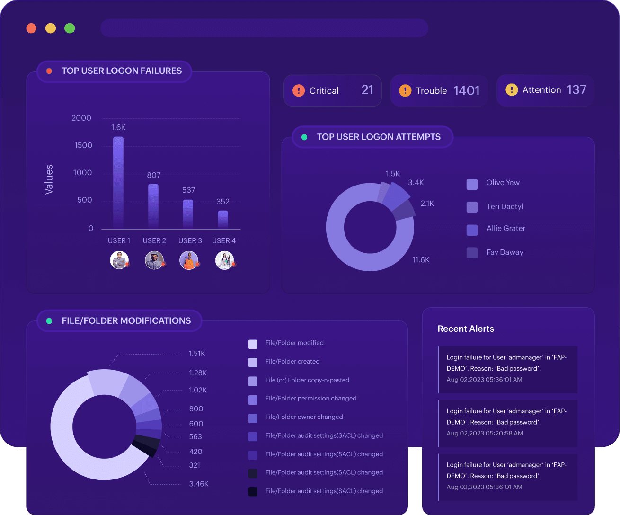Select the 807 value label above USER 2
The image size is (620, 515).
tap(154, 175)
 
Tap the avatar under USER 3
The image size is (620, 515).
tap(189, 260)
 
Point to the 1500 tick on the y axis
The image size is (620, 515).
tap(83, 145)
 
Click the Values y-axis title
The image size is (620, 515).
tap(49, 179)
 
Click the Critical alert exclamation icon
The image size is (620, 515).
tap(299, 90)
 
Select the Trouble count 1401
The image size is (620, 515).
tap(466, 90)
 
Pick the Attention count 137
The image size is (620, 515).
tap(576, 90)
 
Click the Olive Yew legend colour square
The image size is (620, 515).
tap(472, 184)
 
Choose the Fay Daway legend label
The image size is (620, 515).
tap(505, 252)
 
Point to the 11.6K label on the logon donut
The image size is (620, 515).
tap(421, 260)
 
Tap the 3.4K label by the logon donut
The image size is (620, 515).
tap(416, 183)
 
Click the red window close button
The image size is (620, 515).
tap(31, 28)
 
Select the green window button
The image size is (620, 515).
tap(70, 28)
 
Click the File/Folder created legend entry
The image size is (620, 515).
tap(292, 362)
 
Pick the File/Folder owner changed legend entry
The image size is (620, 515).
tap(304, 417)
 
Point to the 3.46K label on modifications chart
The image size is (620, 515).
tap(199, 484)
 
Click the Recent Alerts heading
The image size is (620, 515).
tap(466, 329)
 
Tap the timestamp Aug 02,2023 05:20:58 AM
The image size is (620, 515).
tap(485, 433)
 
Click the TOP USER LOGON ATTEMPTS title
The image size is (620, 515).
tap(378, 137)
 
